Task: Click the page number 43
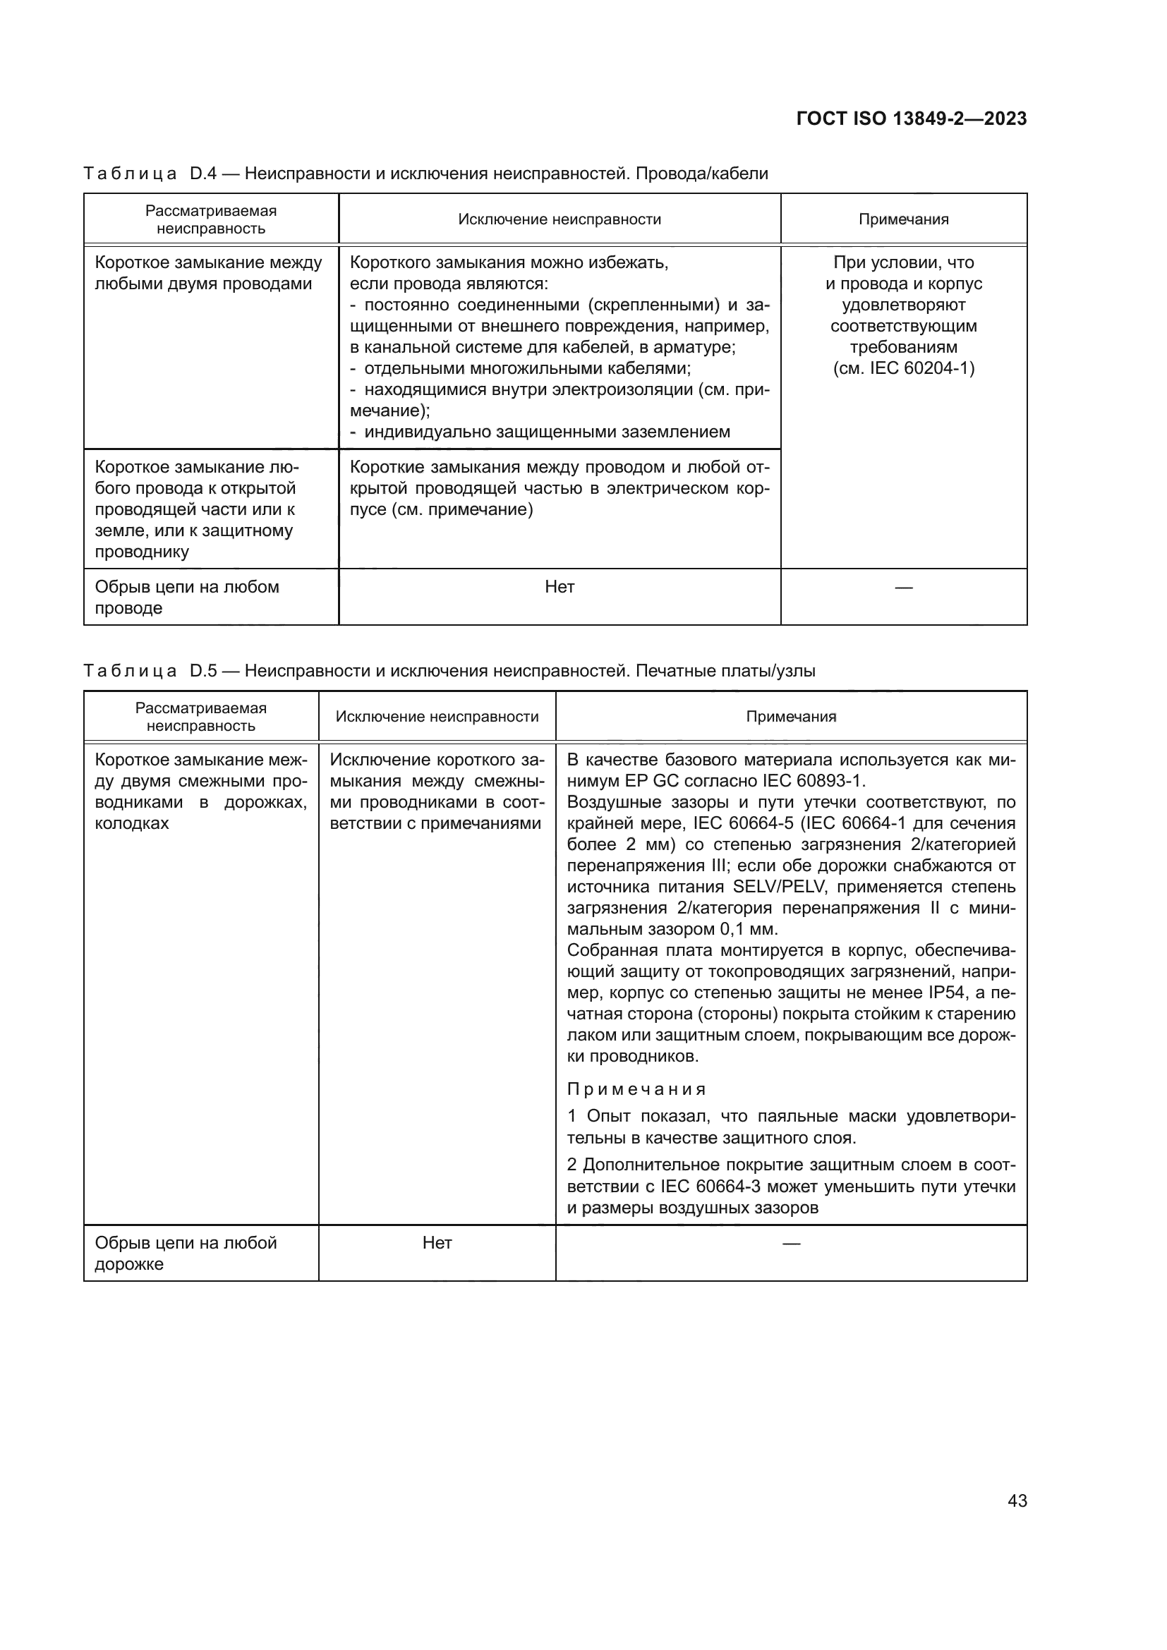[1017, 1501]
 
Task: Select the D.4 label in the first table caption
[202, 174]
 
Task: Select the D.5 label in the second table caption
[202, 671]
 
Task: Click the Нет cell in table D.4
[559, 587]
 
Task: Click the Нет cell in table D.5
[437, 1243]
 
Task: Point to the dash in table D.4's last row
[903, 588]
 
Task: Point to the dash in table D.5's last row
[790, 1243]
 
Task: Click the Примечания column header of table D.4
[903, 219]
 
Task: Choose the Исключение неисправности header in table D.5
[437, 717]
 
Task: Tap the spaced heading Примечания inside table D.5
[636, 1089]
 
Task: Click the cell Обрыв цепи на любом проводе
[187, 597]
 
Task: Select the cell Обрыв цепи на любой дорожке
[186, 1254]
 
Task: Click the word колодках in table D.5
[131, 823]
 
